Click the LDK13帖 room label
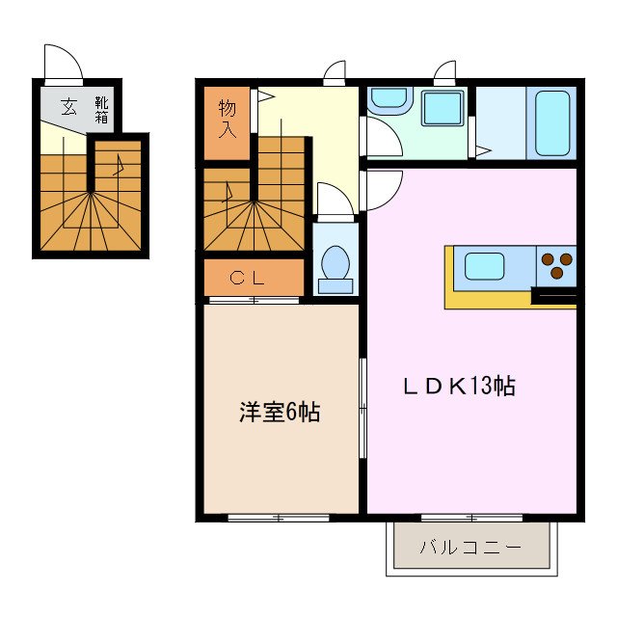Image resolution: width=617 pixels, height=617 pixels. (458, 387)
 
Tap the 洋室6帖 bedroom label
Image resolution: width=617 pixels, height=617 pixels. (280, 413)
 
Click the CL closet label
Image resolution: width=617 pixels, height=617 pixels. (254, 278)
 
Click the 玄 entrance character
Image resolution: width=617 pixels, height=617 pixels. (69, 106)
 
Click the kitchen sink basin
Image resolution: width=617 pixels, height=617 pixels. (486, 265)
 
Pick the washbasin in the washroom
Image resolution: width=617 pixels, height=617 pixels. (389, 98)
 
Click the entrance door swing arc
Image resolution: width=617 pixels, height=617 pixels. (62, 62)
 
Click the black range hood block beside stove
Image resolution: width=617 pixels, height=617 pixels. (553, 295)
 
